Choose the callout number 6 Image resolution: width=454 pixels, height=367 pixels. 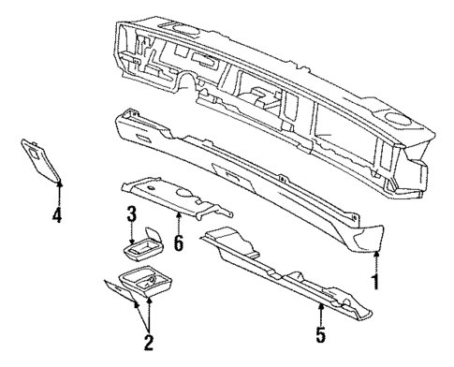point(179,242)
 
